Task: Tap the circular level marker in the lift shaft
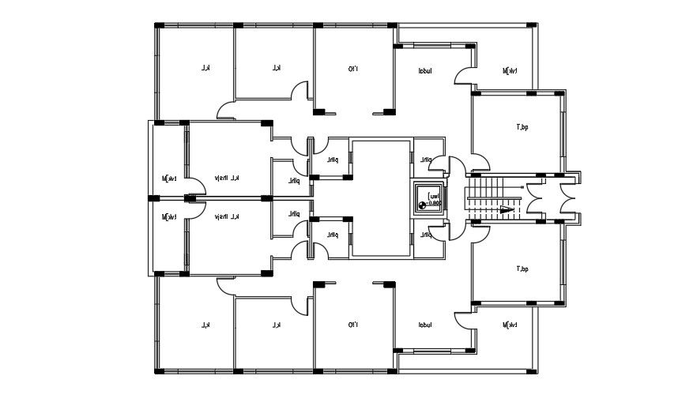(420, 204)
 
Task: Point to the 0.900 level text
(434, 204)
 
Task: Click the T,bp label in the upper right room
(522, 126)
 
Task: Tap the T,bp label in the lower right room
(522, 269)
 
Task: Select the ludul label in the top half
(425, 71)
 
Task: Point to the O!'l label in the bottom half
(352, 325)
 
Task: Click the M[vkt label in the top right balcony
(510, 71)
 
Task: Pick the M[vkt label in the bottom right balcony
(510, 325)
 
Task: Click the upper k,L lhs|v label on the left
(226, 178)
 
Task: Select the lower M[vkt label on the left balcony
(168, 216)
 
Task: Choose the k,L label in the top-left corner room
(204, 69)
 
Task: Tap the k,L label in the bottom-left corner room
(204, 325)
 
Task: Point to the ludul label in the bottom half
(425, 325)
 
